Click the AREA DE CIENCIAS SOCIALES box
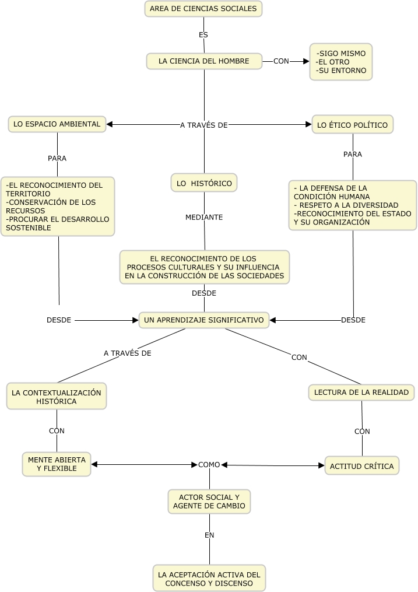[x=203, y=9]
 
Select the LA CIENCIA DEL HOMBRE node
[x=204, y=61]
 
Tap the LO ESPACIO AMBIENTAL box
[x=57, y=124]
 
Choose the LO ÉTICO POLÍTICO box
[x=352, y=125]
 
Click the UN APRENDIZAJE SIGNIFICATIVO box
[x=203, y=320]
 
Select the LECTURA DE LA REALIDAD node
[x=361, y=393]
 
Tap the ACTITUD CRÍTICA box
[x=361, y=465]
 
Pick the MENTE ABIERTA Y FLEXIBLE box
[x=57, y=464]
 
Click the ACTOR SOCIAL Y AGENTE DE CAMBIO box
[x=209, y=502]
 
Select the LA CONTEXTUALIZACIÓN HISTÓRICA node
[x=57, y=397]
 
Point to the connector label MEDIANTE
[x=204, y=217]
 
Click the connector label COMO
[x=209, y=465]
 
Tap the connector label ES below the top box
[x=203, y=35]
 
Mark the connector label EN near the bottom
[x=210, y=535]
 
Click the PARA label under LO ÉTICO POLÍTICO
[x=352, y=155]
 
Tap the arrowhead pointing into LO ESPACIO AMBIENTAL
[x=110, y=124]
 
